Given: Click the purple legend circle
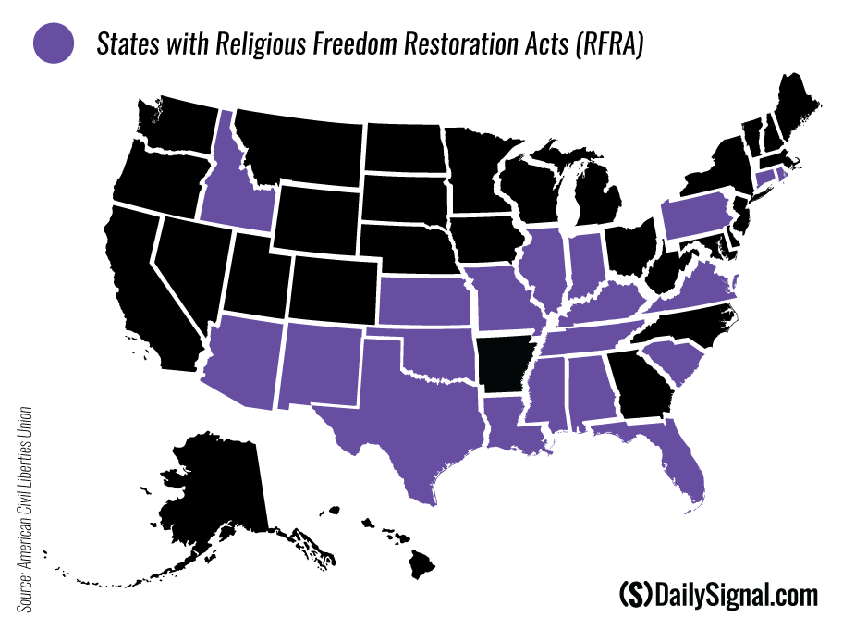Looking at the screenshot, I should coord(53,43).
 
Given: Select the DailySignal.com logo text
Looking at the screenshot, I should coord(717,594).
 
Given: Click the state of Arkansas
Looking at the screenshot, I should coord(504,364).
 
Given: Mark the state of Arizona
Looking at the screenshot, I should coord(242,362).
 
